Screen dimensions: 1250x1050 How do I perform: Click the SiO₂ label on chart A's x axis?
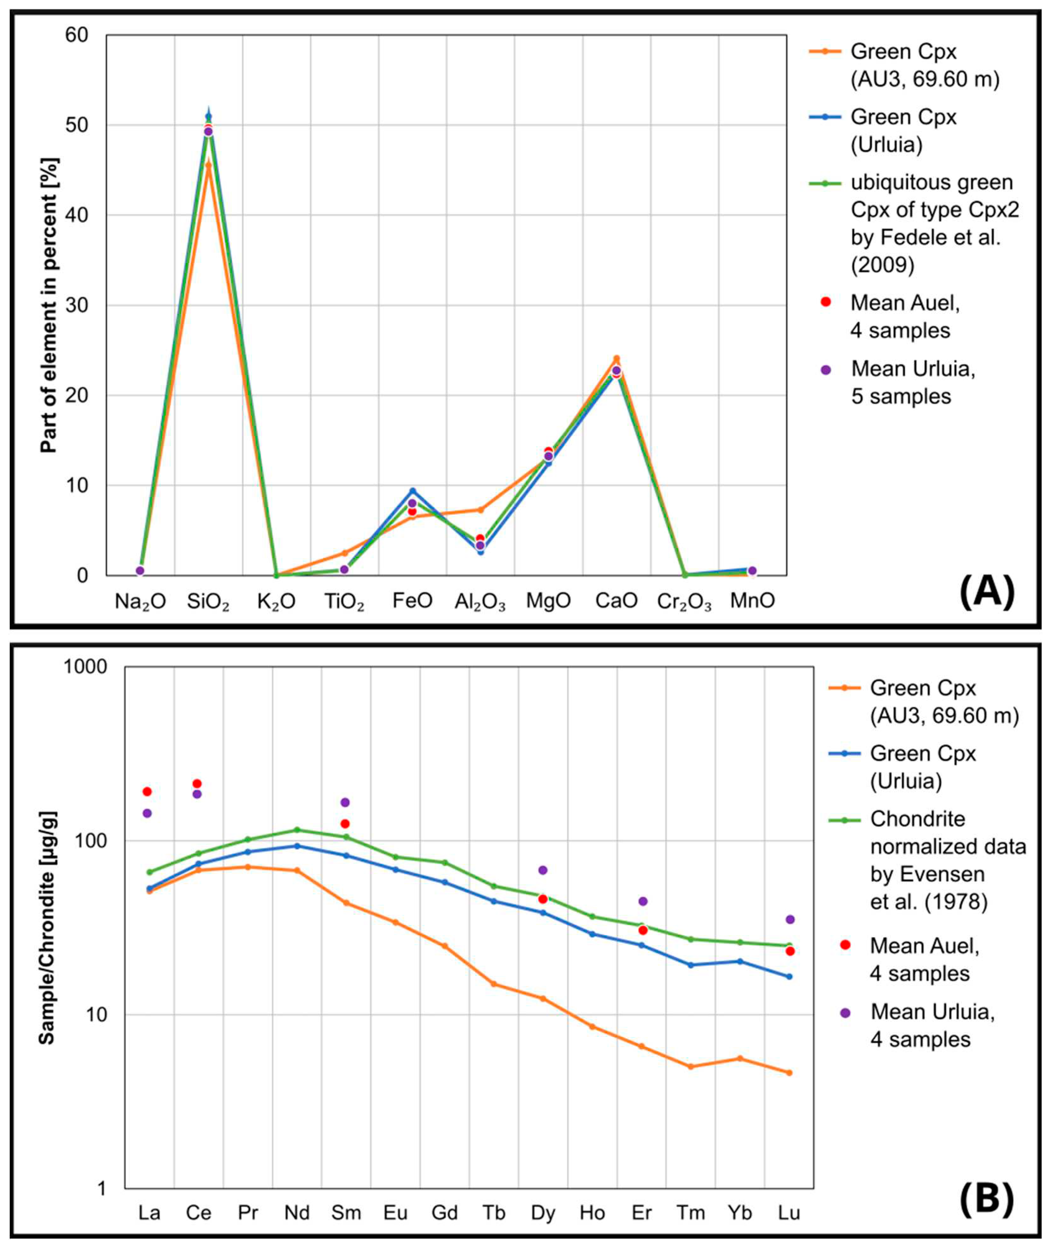tap(208, 602)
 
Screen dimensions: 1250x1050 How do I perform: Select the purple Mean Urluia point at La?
tap(147, 813)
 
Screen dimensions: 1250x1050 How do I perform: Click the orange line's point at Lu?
tap(789, 1073)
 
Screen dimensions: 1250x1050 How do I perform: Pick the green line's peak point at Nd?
tap(297, 830)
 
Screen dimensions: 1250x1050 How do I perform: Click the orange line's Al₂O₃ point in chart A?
tap(480, 510)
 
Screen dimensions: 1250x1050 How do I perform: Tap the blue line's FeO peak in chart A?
tap(412, 491)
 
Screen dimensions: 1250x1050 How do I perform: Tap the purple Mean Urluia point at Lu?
tap(790, 920)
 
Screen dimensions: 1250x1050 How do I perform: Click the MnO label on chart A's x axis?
tap(753, 602)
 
